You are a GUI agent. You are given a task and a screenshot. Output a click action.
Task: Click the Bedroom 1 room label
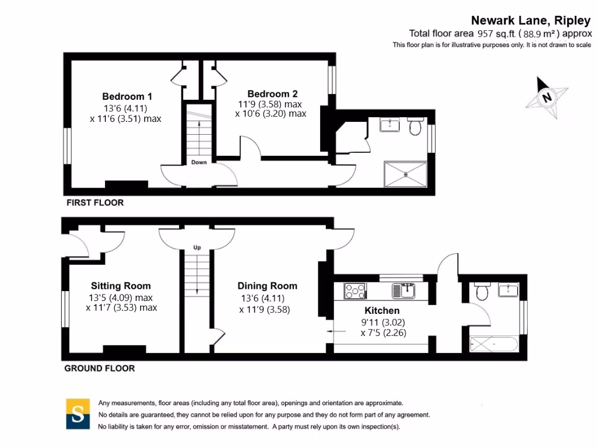tap(127, 96)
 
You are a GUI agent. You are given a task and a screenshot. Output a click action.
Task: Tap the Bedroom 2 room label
tap(273, 94)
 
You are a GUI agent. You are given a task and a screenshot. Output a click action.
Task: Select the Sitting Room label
tap(121, 286)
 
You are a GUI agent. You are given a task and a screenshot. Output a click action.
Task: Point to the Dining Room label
tap(267, 286)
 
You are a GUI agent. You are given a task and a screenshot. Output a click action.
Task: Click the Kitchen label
tap(382, 310)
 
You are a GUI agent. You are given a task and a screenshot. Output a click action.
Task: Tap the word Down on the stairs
tap(199, 162)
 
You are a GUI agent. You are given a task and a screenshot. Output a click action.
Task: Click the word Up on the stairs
tap(197, 247)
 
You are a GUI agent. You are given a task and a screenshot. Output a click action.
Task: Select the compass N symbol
tap(547, 97)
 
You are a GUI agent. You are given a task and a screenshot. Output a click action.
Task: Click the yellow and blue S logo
tap(78, 414)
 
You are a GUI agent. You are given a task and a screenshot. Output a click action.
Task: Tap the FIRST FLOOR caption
tap(95, 202)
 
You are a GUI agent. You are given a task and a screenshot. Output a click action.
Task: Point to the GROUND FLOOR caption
tap(99, 369)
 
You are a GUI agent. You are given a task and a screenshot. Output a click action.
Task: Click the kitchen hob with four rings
tap(355, 291)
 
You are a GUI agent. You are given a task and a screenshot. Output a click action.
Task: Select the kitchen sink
tap(403, 290)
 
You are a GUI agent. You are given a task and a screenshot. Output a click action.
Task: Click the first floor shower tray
tap(406, 174)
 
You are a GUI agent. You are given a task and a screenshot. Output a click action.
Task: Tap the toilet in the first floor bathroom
tap(415, 126)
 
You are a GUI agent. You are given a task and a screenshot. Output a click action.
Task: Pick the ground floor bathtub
tap(494, 344)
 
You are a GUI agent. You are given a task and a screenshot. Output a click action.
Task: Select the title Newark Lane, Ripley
tap(531, 20)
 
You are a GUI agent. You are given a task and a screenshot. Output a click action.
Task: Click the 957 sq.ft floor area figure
tap(497, 33)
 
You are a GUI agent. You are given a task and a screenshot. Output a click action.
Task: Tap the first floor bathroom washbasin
tap(390, 125)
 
